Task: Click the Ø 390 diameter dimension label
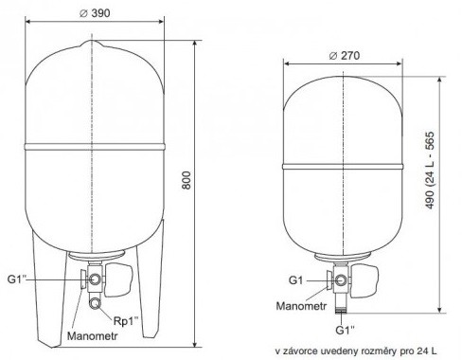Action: tap(95, 13)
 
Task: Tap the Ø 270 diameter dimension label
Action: tap(344, 56)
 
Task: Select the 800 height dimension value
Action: tap(187, 180)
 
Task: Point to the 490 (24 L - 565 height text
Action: tap(430, 171)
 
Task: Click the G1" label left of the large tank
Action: tap(17, 279)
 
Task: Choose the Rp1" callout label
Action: tap(126, 321)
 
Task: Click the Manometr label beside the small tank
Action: tap(301, 306)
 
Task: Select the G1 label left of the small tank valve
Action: tap(295, 280)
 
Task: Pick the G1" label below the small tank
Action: tap(345, 330)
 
